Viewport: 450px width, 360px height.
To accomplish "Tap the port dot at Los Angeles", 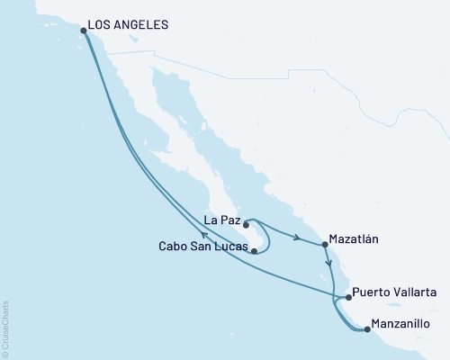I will pos(84,31).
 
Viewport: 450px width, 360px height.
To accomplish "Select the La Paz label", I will pos(221,219).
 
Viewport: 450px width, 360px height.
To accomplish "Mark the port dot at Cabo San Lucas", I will pos(254,251).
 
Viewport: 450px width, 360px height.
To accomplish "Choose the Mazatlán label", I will pos(357,240).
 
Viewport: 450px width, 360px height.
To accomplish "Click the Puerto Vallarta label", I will pos(395,292).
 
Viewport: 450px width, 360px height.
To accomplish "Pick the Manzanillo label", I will pos(400,324).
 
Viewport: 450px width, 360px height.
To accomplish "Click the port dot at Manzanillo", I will pos(366,329).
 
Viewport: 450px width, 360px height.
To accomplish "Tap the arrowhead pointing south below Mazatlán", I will pos(330,265).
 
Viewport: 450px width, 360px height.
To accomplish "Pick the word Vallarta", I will pos(417,292).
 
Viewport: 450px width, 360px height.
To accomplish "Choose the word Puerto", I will pos(373,292).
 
